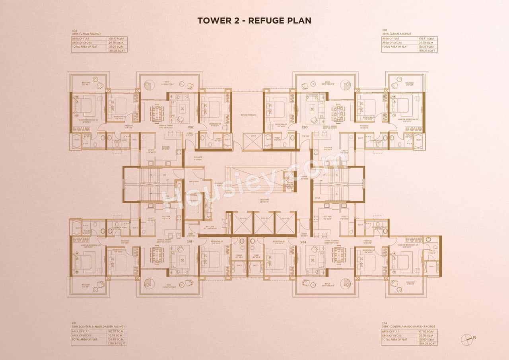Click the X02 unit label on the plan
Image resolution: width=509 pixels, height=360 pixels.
click(x=191, y=127)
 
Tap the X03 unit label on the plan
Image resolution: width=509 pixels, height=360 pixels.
click(x=305, y=127)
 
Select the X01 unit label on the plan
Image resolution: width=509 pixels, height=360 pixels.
click(x=190, y=241)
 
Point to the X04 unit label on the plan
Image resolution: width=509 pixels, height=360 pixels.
click(x=303, y=242)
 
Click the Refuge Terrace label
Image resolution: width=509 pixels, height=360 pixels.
click(x=248, y=115)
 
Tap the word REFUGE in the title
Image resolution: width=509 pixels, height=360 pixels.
click(x=266, y=21)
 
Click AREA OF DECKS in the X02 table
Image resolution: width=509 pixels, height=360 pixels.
click(x=82, y=43)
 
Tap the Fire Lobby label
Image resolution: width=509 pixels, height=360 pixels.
click(x=194, y=181)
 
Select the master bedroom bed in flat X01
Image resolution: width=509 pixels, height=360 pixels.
click(x=82, y=262)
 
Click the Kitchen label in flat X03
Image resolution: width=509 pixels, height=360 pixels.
click(x=328, y=148)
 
